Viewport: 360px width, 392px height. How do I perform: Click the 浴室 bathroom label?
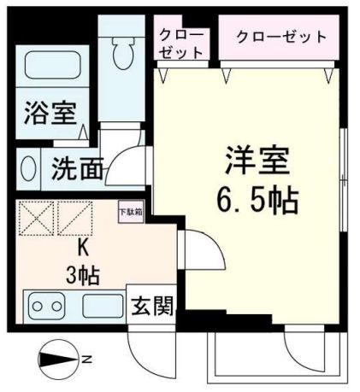click(x=50, y=114)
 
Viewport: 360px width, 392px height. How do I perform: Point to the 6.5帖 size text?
click(x=256, y=202)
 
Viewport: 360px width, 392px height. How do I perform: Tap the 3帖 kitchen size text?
click(x=83, y=274)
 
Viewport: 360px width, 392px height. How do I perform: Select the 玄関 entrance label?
click(x=148, y=304)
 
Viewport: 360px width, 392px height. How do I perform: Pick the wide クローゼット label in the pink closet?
click(x=281, y=37)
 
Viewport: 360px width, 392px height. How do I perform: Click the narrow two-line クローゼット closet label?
click(x=181, y=43)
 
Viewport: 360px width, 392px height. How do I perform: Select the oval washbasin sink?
click(x=28, y=167)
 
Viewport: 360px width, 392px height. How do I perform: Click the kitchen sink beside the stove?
click(x=102, y=305)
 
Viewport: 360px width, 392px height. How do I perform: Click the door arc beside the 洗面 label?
click(x=127, y=161)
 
